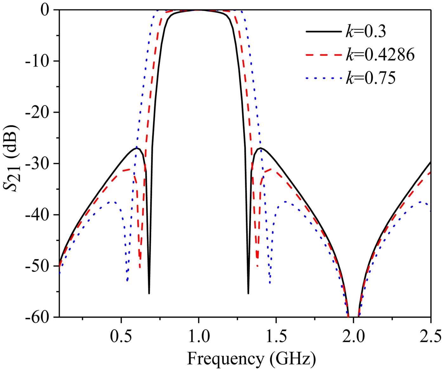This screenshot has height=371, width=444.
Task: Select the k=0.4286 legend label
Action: point(380,55)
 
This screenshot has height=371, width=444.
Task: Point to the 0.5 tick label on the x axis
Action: point(121,336)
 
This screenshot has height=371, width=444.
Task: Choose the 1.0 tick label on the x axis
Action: point(199,336)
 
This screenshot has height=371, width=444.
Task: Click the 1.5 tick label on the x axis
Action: point(276,336)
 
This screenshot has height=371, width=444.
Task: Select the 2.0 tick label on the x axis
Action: point(353,336)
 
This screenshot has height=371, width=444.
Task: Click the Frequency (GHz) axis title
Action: point(251,359)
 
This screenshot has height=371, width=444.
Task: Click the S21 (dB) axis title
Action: point(12,158)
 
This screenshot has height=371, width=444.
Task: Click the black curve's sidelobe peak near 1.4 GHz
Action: point(261,148)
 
